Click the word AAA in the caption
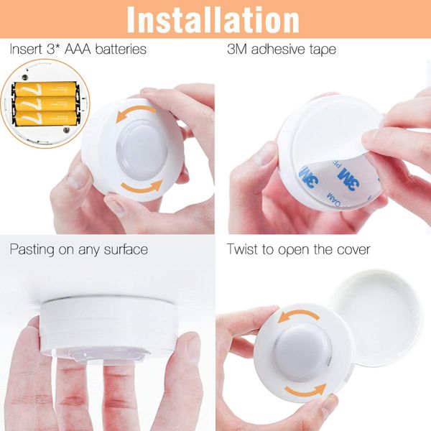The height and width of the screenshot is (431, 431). point(75,50)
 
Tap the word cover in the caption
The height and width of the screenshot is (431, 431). point(351,249)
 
